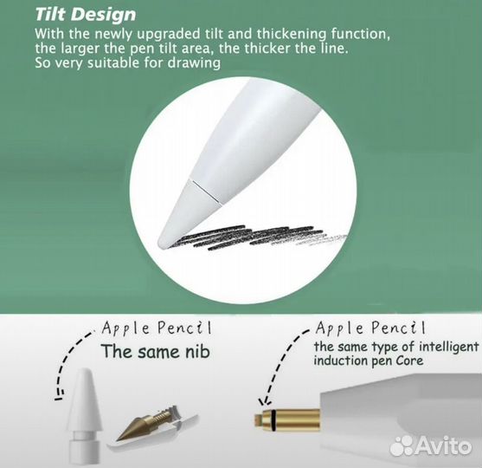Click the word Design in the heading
pyautogui.click(x=106, y=15)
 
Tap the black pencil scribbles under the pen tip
pyautogui.click(x=260, y=236)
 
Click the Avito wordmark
pyautogui.click(x=448, y=445)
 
